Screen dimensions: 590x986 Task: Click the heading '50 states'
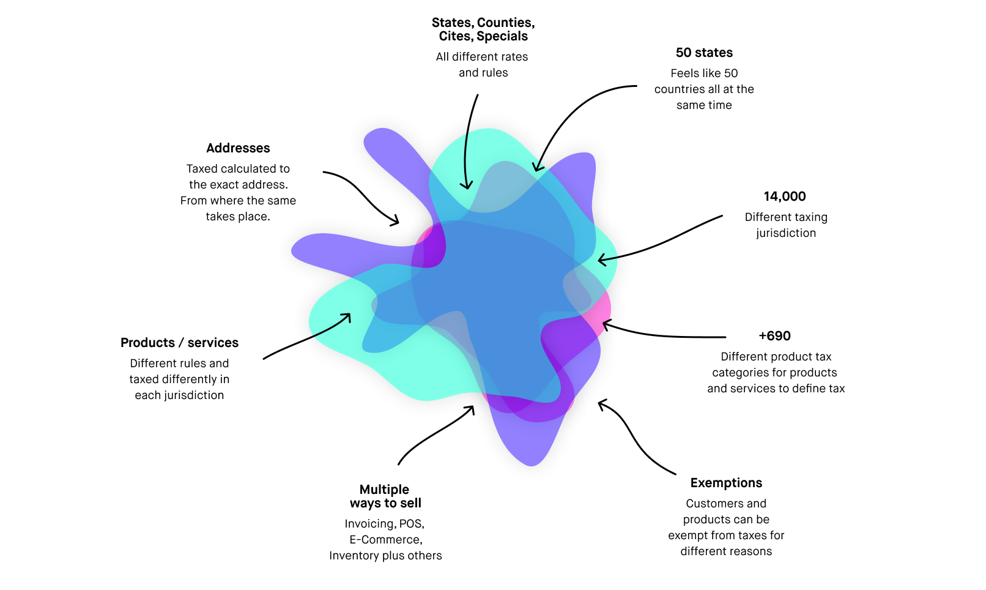tap(704, 53)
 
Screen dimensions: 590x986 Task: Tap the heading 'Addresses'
tap(238, 148)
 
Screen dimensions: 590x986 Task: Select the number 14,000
tap(785, 196)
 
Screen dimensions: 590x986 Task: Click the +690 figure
tap(774, 336)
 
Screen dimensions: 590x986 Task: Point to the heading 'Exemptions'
tap(726, 483)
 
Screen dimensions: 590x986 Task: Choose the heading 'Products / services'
tap(179, 343)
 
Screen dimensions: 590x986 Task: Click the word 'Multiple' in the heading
tap(384, 490)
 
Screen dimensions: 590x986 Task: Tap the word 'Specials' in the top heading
tap(502, 36)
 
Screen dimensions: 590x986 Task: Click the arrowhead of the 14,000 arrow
tap(601, 261)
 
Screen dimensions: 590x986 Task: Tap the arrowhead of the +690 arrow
tap(605, 324)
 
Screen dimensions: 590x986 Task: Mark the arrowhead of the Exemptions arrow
tap(601, 403)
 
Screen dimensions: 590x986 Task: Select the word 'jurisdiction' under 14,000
tap(786, 233)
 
